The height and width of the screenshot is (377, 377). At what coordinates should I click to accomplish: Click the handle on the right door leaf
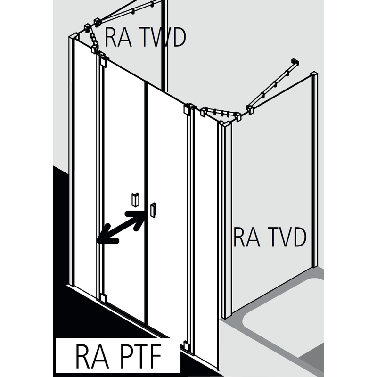(153, 210)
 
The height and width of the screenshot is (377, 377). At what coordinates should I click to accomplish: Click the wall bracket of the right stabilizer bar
(295, 63)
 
